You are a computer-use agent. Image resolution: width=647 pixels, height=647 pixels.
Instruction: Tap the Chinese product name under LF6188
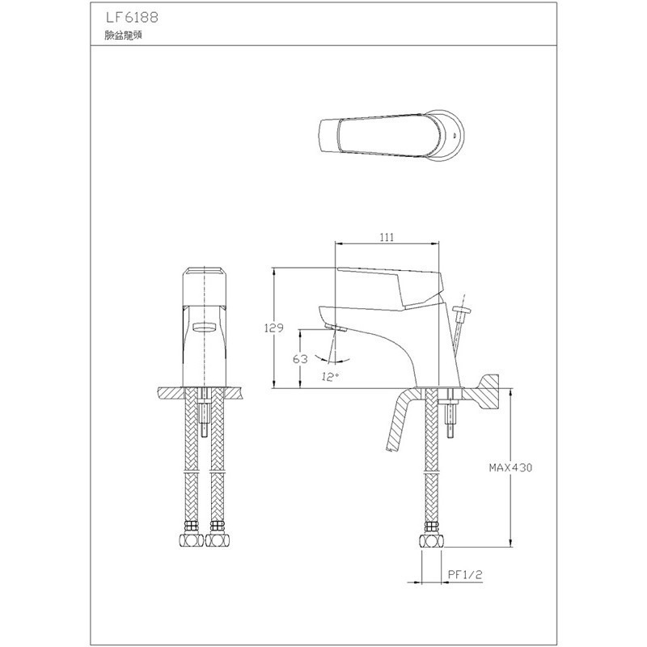[x=120, y=36]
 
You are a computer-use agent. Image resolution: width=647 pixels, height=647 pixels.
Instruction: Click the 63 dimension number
[x=300, y=358]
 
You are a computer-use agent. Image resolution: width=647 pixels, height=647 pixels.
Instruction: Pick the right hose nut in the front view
[x=217, y=538]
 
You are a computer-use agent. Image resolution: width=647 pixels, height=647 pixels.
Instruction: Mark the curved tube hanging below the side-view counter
[x=399, y=425]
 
